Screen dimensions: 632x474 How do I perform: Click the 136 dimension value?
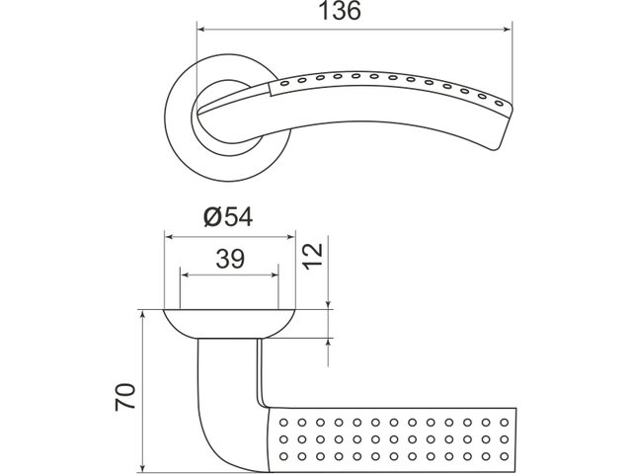[340, 11]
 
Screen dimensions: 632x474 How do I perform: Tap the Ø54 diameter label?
[228, 217]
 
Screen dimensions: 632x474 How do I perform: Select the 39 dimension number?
[230, 259]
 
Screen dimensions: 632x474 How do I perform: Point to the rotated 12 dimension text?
[313, 257]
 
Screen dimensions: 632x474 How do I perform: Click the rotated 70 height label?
[125, 397]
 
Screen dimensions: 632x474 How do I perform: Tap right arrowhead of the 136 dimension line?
[507, 29]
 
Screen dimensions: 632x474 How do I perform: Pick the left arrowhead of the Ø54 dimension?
[170, 237]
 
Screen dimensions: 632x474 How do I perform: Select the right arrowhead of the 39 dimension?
[274, 276]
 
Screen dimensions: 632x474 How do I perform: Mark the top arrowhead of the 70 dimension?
[141, 315]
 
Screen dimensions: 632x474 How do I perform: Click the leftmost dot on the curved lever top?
[284, 83]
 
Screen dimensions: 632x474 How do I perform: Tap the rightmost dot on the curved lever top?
[499, 103]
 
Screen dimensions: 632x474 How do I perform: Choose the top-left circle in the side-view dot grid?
[283, 423]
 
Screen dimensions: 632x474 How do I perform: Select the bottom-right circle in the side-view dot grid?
[505, 456]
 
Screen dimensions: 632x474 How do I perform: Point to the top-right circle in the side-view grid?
[505, 423]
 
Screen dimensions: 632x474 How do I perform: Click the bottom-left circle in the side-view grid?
[283, 456]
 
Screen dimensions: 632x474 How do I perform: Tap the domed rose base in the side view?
[230, 324]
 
